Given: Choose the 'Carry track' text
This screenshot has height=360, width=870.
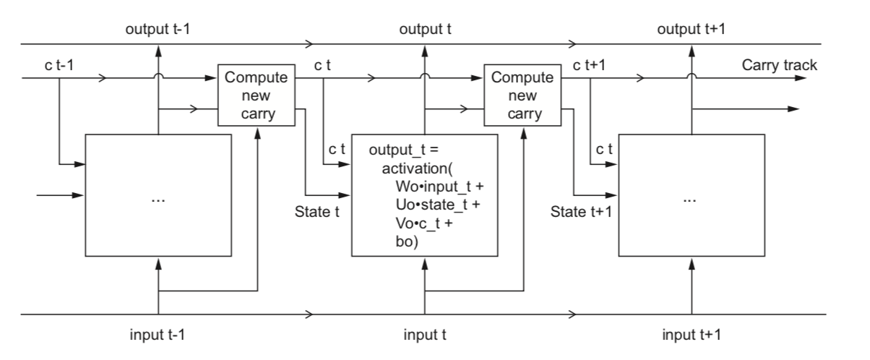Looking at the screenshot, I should [x=779, y=66].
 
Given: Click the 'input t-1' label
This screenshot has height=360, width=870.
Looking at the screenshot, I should [x=158, y=335].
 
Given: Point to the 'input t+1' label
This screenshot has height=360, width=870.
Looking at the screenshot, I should [x=690, y=335].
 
